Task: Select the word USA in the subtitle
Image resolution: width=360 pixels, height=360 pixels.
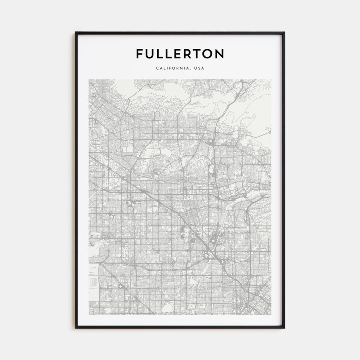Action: click(199, 68)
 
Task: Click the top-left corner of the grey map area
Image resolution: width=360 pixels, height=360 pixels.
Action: click(89, 80)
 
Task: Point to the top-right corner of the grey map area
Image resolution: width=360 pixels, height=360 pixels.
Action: click(271, 80)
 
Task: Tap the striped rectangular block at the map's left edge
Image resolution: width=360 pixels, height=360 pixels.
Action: click(93, 282)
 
